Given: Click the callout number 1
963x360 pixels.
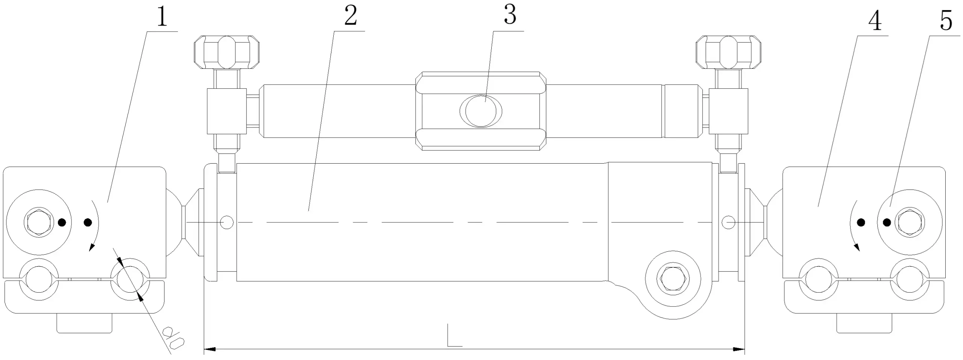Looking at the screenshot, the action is click(163, 16).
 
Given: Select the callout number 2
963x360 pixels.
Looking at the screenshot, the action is click(351, 16).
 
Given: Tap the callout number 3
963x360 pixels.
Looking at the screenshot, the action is click(510, 15).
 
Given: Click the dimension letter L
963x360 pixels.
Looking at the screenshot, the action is click(454, 334).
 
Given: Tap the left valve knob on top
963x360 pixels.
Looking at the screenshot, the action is click(227, 52).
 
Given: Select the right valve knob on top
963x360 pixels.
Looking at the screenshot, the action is click(728, 52).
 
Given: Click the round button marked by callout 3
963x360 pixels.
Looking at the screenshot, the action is click(481, 111).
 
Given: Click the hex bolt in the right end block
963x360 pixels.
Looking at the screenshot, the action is click(910, 222).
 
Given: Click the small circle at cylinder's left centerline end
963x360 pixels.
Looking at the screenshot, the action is click(227, 223).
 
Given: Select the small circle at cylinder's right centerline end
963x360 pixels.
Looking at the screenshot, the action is click(729, 223).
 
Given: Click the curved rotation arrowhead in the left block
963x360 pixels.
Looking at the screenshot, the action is click(91, 247).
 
